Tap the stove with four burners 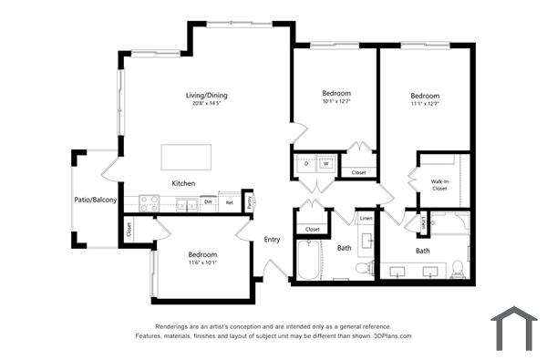[x=149, y=204]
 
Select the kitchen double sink [x=187, y=204]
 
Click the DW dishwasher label [x=208, y=202]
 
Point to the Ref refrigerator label [x=230, y=202]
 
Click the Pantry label [x=250, y=202]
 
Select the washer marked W [x=325, y=164]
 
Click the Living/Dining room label [x=206, y=95]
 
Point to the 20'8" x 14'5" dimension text [x=206, y=104]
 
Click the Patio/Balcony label [x=96, y=200]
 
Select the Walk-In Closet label [x=439, y=185]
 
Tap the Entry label [x=272, y=240]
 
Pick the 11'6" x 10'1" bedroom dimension [x=202, y=263]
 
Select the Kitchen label [x=184, y=183]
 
